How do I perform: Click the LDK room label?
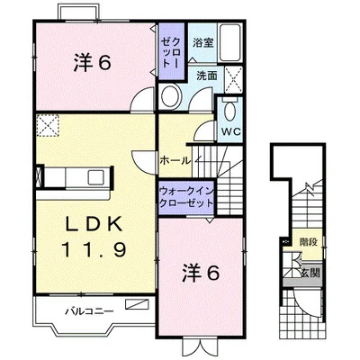coord(94,224)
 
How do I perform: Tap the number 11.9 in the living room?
coord(94,248)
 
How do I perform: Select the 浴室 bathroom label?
coord(203,42)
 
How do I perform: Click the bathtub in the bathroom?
coord(229,42)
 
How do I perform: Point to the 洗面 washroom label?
coord(207,76)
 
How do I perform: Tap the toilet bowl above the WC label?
coord(230,112)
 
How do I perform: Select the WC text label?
coord(231,131)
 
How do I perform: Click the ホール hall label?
coord(175,161)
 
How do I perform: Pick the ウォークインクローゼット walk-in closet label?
coord(186,197)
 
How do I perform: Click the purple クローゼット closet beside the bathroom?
coord(171,51)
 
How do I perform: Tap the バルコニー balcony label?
coord(90,311)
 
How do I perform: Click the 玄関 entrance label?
coord(310,273)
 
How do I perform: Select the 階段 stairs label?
coord(309,242)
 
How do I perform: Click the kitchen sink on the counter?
coord(96,177)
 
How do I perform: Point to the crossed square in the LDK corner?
coord(48,125)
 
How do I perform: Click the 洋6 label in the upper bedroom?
coord(93,63)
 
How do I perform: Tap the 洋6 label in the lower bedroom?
coord(201,274)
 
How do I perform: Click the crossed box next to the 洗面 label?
coord(233,80)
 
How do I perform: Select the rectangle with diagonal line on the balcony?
coord(137,304)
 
